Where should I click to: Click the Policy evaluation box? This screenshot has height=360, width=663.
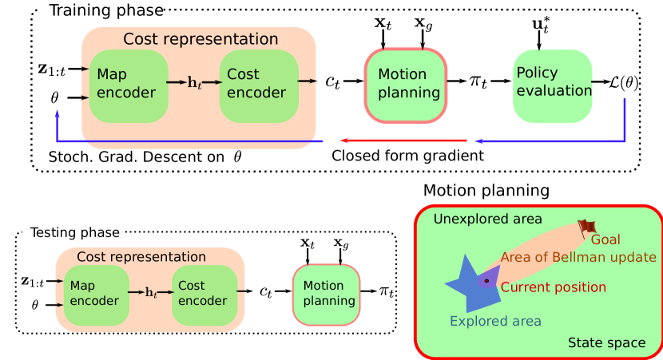[x=553, y=86]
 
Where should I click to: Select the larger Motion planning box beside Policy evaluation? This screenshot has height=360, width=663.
[x=406, y=85]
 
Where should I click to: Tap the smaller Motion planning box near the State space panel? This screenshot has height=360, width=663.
[x=327, y=295]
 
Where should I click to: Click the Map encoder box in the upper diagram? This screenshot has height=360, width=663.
[x=129, y=85]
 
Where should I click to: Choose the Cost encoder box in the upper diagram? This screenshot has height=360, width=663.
[x=258, y=85]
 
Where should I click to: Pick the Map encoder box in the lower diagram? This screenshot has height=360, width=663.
[x=96, y=295]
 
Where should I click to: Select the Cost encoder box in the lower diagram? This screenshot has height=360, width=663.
[x=204, y=295]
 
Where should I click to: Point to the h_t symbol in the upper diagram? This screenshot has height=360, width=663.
[x=194, y=83]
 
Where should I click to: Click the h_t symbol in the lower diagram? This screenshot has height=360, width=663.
[x=151, y=293]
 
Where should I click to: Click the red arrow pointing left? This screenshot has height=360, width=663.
[x=403, y=140]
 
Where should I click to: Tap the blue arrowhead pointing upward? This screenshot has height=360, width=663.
[x=57, y=114]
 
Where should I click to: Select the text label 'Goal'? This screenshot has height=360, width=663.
[x=605, y=239]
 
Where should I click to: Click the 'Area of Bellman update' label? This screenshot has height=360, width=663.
[x=578, y=257]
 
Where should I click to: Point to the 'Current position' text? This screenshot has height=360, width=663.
[x=553, y=287]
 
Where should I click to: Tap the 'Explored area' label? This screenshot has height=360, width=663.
[x=495, y=321]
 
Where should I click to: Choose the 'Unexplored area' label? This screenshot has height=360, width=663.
[x=487, y=219]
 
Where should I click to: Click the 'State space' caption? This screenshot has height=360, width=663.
[x=606, y=342]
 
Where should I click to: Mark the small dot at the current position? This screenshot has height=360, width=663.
[x=486, y=281]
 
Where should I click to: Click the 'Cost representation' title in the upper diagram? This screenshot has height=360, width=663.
[x=200, y=39]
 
